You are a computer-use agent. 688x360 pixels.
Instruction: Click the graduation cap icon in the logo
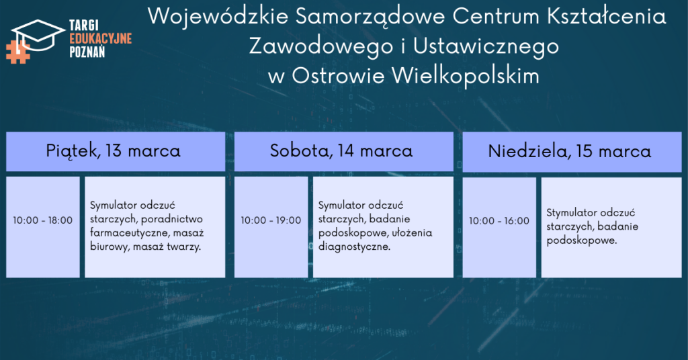(x=38, y=34)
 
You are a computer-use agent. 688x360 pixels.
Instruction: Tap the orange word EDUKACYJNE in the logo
(x=101, y=38)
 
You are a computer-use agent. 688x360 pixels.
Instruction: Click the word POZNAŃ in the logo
(x=87, y=52)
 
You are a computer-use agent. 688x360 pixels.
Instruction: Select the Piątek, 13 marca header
(x=113, y=151)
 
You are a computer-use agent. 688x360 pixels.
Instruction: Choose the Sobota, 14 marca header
(x=341, y=151)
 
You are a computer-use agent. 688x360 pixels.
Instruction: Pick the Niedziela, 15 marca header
(x=570, y=151)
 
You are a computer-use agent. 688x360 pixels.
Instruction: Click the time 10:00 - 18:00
(x=42, y=220)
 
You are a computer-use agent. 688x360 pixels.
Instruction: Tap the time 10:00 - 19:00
(x=271, y=220)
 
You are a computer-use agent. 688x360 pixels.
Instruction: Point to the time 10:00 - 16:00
(x=499, y=220)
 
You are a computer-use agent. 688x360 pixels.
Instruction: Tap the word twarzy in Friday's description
(x=182, y=247)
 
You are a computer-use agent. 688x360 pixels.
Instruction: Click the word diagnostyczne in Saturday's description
(x=354, y=247)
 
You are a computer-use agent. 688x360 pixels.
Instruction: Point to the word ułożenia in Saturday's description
(x=412, y=232)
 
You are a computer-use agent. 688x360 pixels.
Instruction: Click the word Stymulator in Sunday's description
(x=572, y=213)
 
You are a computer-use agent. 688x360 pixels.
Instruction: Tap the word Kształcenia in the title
(x=607, y=17)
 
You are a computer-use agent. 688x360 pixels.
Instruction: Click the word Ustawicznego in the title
(x=486, y=47)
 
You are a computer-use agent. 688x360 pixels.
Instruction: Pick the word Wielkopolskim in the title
(x=465, y=75)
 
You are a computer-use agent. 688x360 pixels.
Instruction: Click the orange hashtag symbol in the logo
(x=17, y=52)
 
